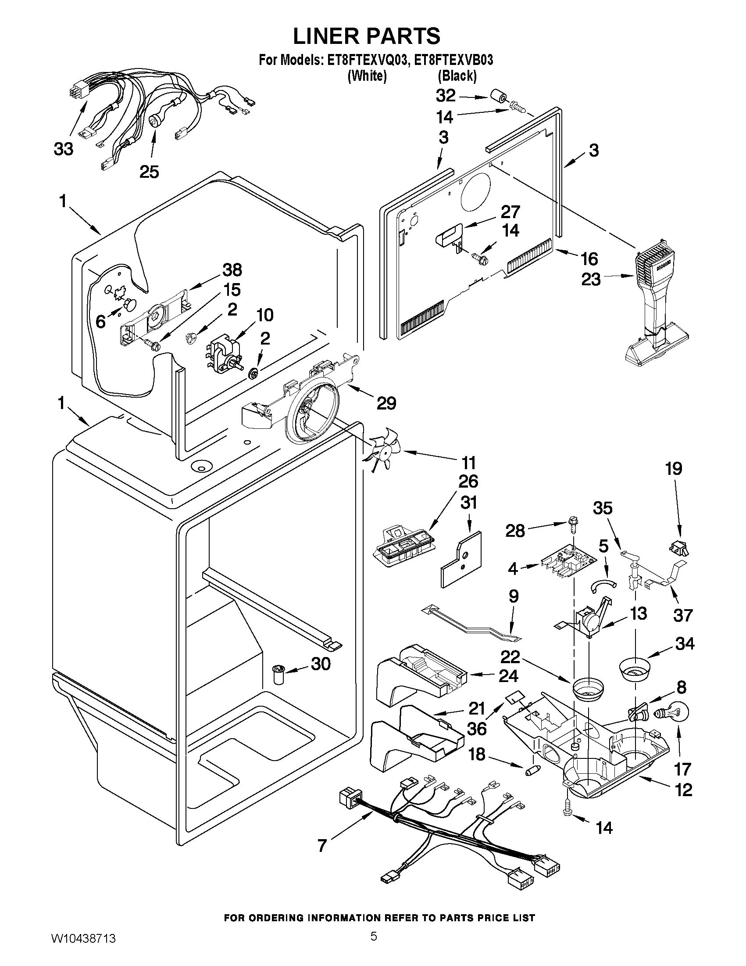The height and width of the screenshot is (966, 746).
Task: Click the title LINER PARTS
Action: [366, 36]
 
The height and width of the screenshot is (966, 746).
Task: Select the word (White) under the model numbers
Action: [367, 76]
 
